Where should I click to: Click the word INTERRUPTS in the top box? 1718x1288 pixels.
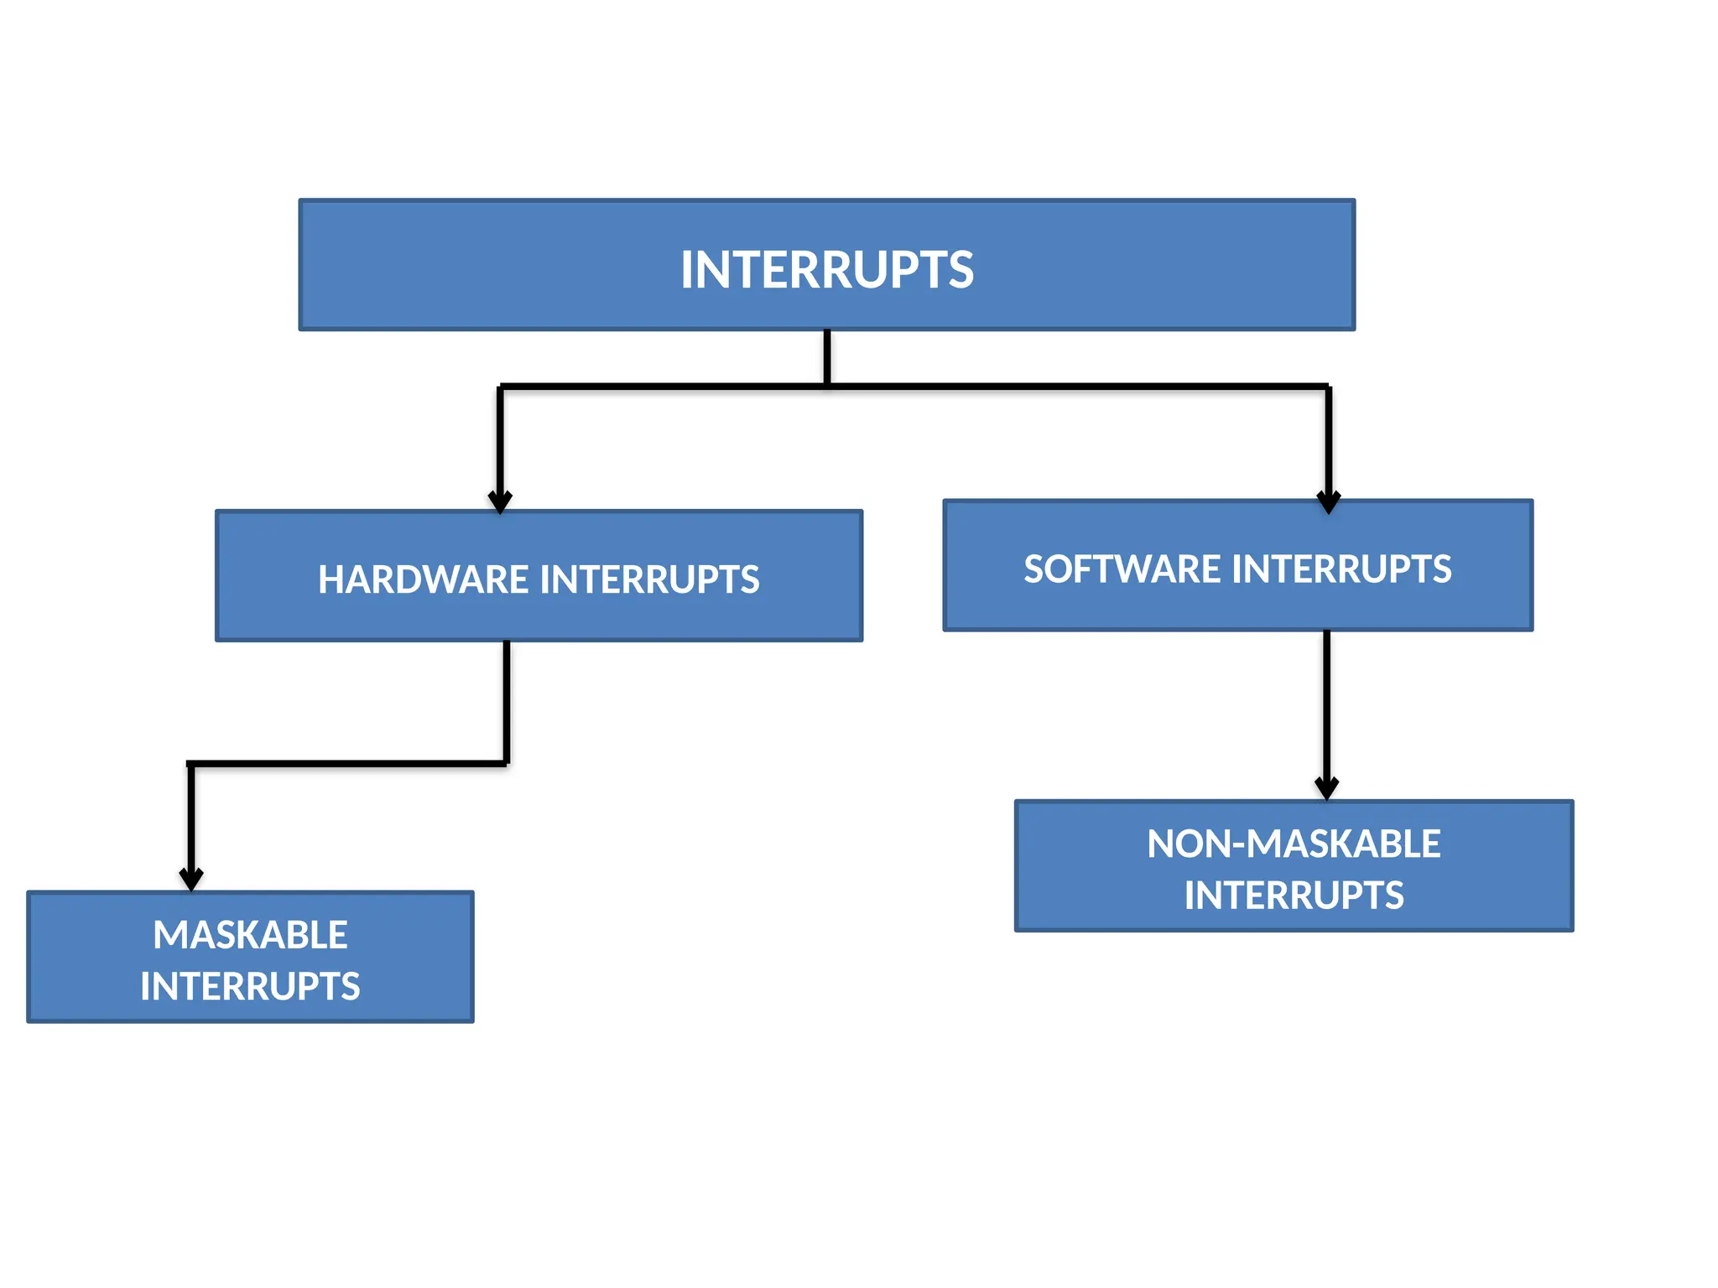(826, 270)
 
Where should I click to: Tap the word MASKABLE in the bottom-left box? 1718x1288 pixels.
(250, 935)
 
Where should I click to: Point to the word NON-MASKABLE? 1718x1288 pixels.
(1293, 844)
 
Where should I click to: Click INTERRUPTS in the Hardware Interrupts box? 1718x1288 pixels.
(649, 580)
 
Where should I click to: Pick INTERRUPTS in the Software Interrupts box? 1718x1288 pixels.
(1341, 569)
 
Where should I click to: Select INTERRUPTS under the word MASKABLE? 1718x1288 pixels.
(250, 986)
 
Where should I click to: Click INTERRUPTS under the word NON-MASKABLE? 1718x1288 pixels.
(1293, 896)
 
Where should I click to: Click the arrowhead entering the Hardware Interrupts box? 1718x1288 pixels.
(500, 501)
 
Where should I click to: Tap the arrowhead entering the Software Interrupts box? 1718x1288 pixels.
(1328, 501)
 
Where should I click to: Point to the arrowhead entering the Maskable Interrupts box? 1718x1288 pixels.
(191, 878)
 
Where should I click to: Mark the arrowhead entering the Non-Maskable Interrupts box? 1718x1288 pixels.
(1326, 787)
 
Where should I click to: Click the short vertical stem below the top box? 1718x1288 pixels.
(827, 356)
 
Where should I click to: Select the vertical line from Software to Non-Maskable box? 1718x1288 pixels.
(1326, 704)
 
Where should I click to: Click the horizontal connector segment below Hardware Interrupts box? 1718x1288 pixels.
(348, 764)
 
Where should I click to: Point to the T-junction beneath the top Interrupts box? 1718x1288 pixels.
(827, 386)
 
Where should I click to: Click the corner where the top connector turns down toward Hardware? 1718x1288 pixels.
(501, 387)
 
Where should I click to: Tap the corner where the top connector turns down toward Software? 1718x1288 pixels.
(1328, 387)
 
